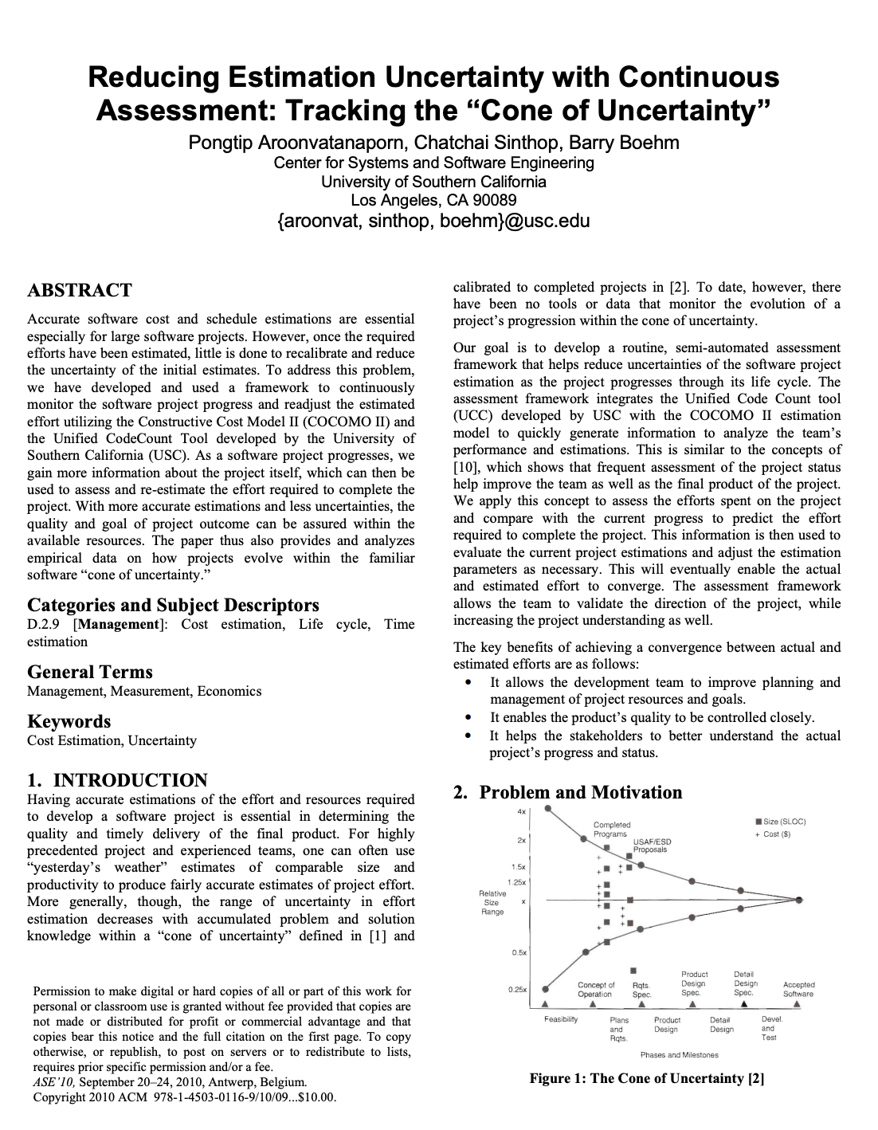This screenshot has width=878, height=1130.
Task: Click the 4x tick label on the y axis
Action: point(521,811)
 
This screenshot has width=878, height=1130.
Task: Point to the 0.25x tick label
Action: point(517,989)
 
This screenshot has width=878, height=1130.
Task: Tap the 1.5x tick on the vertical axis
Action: point(518,866)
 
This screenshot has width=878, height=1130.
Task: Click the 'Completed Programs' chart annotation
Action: point(611,829)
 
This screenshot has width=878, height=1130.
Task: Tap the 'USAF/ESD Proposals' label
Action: point(651,846)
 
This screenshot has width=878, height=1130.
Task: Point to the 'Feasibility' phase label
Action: point(561,1019)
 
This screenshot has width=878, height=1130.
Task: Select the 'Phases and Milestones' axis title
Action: point(679,1054)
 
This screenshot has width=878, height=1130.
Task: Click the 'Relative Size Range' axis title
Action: point(492,902)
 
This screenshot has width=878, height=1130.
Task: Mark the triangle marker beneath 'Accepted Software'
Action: point(798,1004)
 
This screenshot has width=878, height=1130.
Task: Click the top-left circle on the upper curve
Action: point(547,810)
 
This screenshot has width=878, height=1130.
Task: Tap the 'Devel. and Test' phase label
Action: point(770,1028)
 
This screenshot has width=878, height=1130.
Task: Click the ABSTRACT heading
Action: point(80,290)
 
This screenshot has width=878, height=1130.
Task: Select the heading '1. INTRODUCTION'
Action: point(117,780)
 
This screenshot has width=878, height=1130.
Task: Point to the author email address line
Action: point(433,221)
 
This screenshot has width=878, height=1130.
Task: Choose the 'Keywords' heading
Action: point(69,721)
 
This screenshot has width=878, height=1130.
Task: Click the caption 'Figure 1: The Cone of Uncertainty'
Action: point(647,1079)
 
